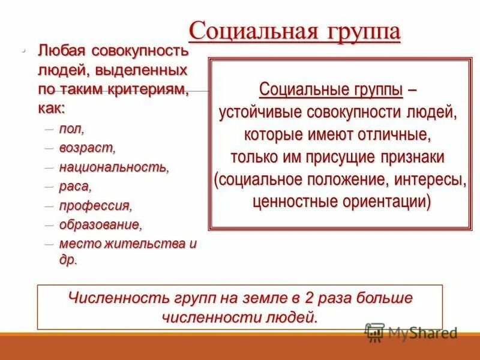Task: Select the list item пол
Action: coord(71,129)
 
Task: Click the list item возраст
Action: coord(87,148)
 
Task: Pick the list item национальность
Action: coord(114,167)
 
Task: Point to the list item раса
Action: coord(75,186)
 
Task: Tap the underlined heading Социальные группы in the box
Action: coord(331,90)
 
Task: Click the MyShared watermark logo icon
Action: coord(374,332)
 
